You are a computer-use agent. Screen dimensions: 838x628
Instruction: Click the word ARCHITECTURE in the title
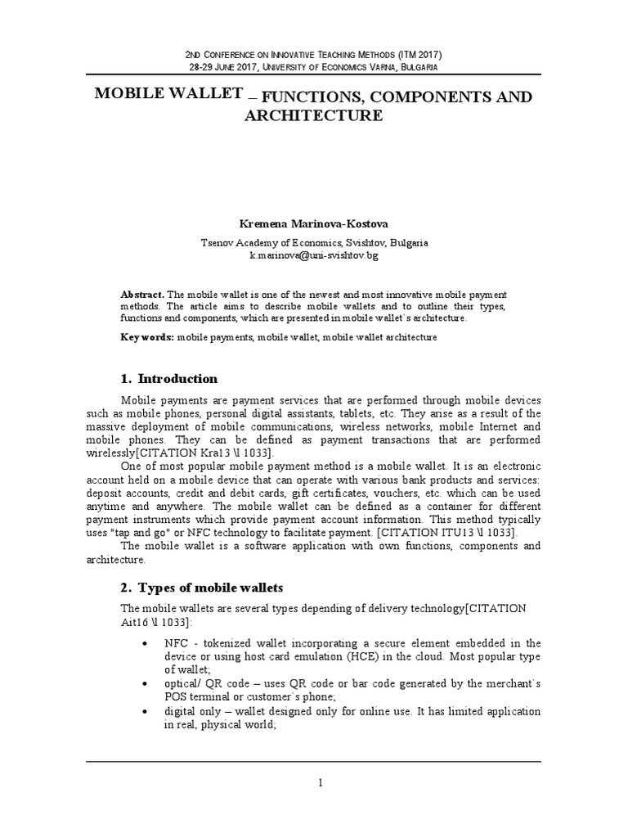[314, 116]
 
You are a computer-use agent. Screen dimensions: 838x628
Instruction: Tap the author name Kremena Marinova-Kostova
[314, 223]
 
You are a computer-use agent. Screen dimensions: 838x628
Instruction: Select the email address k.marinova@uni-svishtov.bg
[314, 255]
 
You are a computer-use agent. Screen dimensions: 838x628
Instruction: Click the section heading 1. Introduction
[169, 379]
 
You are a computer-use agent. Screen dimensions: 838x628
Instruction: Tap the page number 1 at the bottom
[321, 783]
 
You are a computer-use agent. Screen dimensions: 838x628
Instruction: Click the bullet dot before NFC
[146, 644]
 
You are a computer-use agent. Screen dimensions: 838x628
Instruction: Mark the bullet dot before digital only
[146, 710]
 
